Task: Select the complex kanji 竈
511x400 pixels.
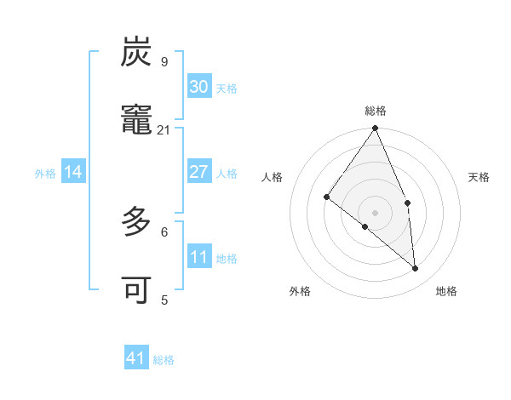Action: [x=136, y=121]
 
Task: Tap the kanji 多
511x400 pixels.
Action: [x=136, y=223]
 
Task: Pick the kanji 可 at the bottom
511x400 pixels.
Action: [x=136, y=291]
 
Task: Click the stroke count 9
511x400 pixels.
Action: [x=164, y=61]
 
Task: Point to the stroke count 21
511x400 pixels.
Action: [x=164, y=129]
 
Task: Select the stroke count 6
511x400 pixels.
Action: [x=164, y=231]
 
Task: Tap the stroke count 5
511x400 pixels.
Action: [x=164, y=300]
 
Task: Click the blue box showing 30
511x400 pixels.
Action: [x=199, y=87]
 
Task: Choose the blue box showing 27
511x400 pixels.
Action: [x=199, y=172]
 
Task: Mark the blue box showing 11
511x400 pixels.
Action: [x=199, y=257]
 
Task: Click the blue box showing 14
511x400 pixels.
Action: [x=73, y=172]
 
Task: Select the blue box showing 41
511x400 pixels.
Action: [x=136, y=358]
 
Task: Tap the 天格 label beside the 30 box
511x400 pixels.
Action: [x=227, y=89]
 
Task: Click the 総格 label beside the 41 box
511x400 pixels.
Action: [x=164, y=360]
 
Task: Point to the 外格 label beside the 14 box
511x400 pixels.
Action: [x=45, y=174]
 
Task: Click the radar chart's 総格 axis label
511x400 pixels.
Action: [x=376, y=111]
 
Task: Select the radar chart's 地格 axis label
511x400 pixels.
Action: [x=446, y=291]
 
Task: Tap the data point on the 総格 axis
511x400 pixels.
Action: [x=376, y=129]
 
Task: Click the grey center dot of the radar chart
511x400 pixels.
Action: [x=376, y=212]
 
